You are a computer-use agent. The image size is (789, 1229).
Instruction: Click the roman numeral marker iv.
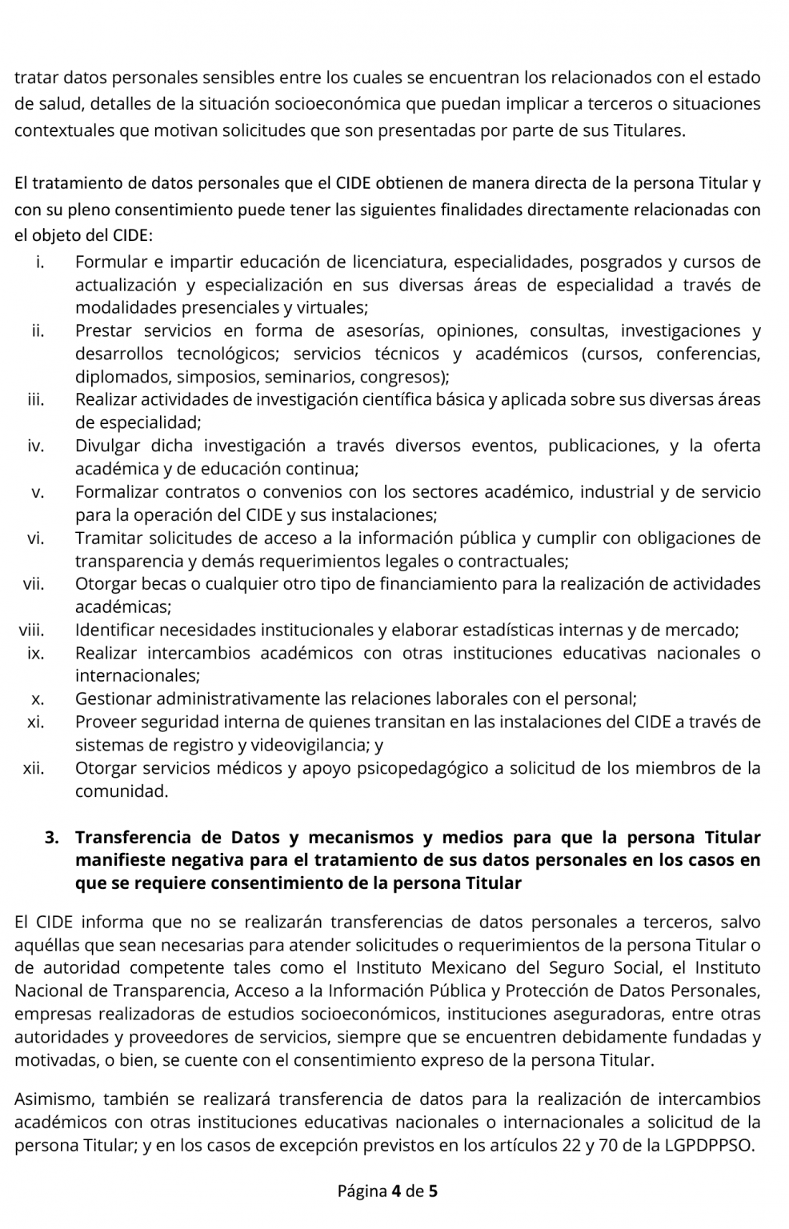(x=35, y=446)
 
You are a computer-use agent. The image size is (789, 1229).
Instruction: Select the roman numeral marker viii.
(x=31, y=631)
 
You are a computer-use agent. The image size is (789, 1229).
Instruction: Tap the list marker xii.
(x=33, y=768)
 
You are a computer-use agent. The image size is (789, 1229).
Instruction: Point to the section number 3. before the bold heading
(x=53, y=838)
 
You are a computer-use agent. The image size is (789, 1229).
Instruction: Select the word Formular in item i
(x=111, y=262)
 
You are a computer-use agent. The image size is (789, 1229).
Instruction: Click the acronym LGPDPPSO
(x=708, y=1145)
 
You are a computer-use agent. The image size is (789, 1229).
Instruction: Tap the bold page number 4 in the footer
(x=395, y=1191)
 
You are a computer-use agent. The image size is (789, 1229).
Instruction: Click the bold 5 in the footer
(x=433, y=1191)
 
